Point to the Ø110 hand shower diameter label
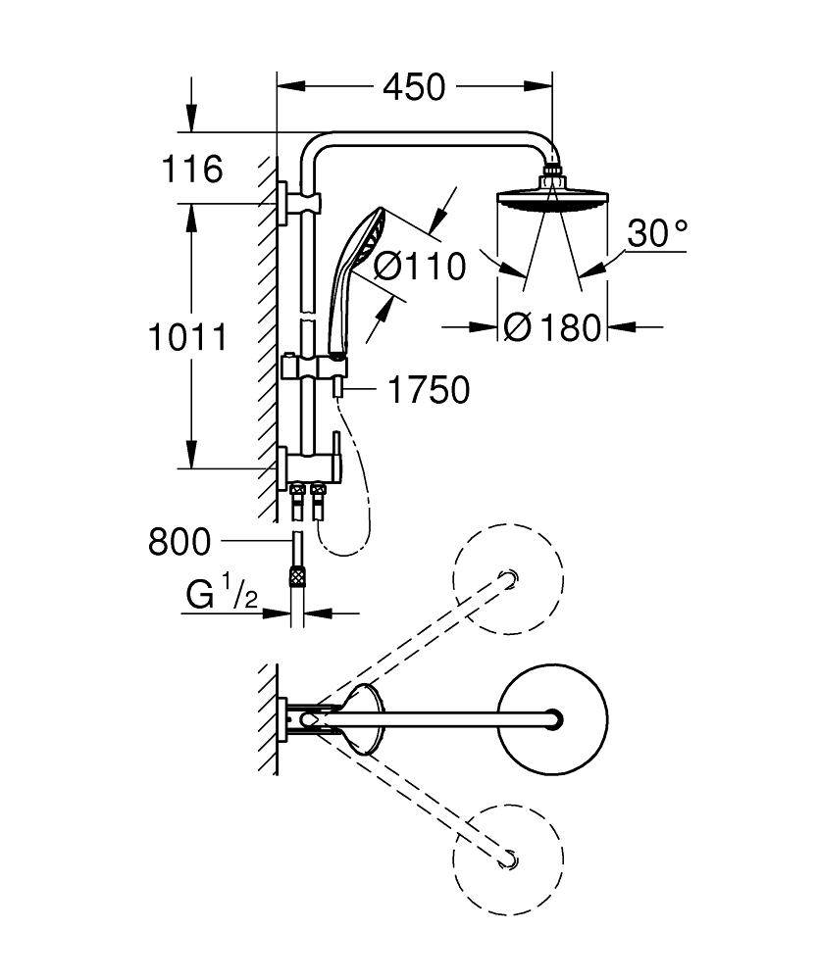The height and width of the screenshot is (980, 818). (421, 265)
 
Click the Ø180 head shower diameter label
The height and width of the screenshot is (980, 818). (551, 327)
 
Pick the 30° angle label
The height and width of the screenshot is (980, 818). (656, 233)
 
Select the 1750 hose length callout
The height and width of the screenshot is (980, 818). (429, 390)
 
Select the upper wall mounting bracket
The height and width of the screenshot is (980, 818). (283, 204)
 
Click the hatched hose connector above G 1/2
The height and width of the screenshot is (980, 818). (295, 576)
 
